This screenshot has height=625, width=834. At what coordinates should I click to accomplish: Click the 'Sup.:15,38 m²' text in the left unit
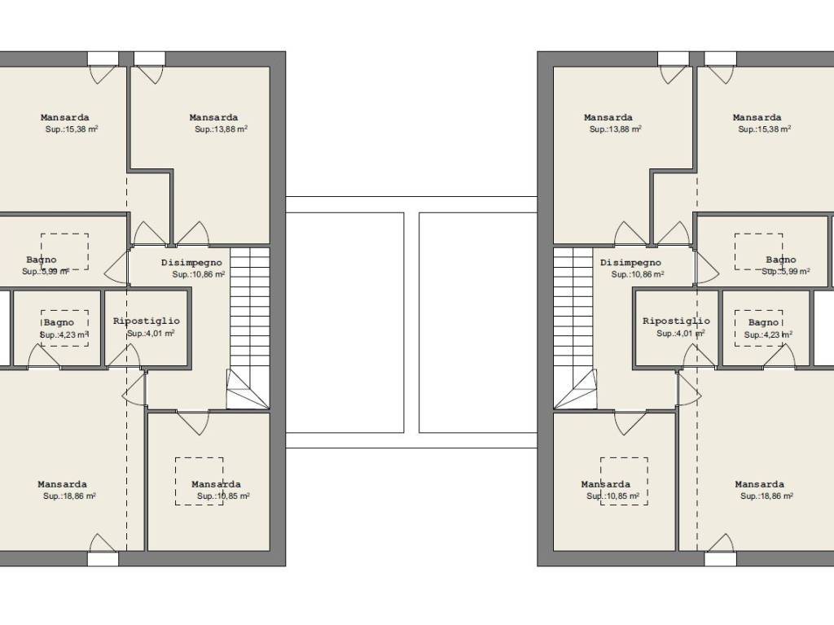[x=72, y=129]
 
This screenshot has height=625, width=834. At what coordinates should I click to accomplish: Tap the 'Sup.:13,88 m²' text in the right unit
[x=616, y=129]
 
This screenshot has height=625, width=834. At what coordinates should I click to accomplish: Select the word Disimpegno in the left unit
[x=191, y=263]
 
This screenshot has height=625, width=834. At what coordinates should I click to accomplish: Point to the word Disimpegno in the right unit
[x=631, y=263]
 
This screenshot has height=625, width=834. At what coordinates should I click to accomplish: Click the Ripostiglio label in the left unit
[x=147, y=321]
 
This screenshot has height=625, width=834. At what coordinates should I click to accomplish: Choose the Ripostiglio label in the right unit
[x=676, y=321]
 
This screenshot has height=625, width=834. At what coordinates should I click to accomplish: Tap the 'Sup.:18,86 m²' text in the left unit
[x=70, y=496]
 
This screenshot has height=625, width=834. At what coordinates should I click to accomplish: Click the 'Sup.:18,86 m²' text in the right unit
[x=767, y=496]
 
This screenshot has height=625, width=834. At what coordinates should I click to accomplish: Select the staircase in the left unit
[x=248, y=329]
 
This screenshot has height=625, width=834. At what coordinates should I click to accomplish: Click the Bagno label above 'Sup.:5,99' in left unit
[x=42, y=260]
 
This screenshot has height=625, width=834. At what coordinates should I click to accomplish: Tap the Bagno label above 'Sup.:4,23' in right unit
[x=763, y=322]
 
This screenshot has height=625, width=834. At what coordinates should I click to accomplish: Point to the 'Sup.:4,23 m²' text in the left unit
[x=64, y=335]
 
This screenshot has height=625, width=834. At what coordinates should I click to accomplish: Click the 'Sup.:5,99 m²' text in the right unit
[x=786, y=272]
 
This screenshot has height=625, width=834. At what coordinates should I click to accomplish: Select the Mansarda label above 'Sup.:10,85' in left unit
[x=216, y=484]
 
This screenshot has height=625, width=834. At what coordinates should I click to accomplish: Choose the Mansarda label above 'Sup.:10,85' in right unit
[x=606, y=484]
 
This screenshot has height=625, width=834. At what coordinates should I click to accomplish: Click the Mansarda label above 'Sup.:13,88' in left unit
[x=214, y=117]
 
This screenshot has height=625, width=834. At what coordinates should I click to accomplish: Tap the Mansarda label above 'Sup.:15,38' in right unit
[x=757, y=117]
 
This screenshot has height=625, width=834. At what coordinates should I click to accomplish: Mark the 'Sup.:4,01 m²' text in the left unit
[x=151, y=334]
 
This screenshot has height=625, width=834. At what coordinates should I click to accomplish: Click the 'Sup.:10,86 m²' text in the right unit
[x=638, y=275]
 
